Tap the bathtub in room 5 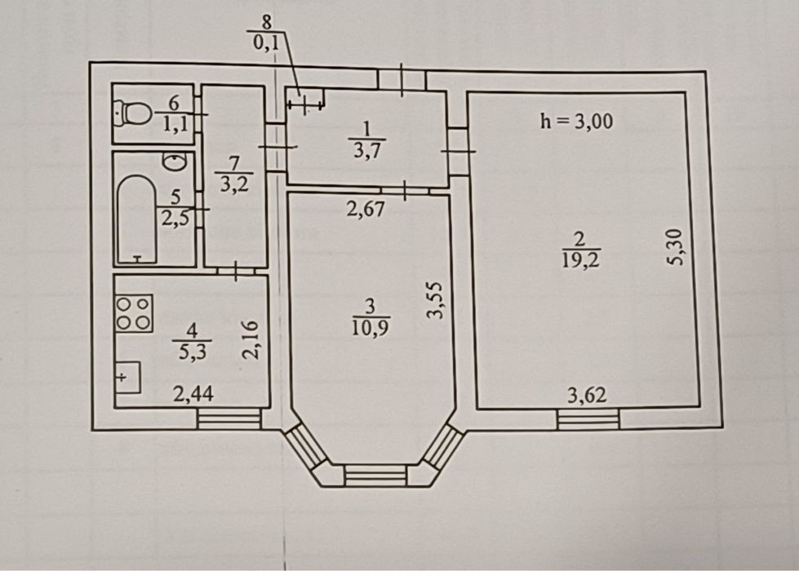tap(136, 219)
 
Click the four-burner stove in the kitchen tap(134, 312)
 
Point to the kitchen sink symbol tap(128, 377)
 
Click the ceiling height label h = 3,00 tap(576, 122)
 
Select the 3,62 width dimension tap(587, 396)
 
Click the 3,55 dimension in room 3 tap(435, 300)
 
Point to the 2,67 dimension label tap(366, 209)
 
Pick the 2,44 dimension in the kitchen tap(193, 394)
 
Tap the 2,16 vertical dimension tap(251, 340)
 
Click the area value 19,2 tap(581, 260)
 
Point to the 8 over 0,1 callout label tap(266, 33)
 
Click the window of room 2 tap(588, 418)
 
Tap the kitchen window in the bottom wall tap(229, 418)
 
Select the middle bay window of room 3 tap(375, 476)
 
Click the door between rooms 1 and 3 tap(405, 191)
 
